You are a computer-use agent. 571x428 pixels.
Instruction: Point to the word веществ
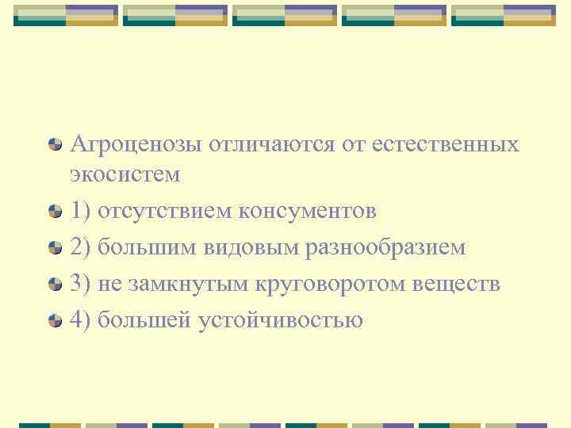pyautogui.click(x=457, y=284)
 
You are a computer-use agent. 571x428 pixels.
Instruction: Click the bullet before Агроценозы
pyautogui.click(x=55, y=144)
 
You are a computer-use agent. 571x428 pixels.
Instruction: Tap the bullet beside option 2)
pyautogui.click(x=55, y=247)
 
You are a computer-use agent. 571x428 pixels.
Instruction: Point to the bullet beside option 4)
pyautogui.click(x=55, y=320)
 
